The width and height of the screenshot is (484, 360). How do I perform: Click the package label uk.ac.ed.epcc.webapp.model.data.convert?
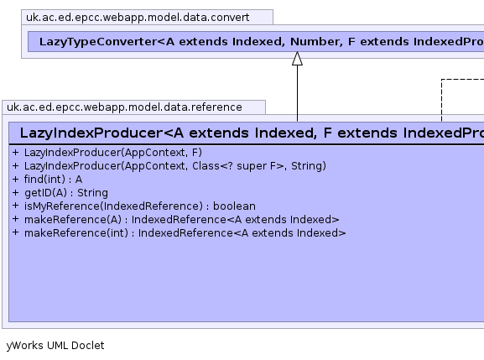point(138,18)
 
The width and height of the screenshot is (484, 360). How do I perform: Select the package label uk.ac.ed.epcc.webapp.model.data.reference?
point(124,107)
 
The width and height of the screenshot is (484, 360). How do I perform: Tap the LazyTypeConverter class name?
point(262,42)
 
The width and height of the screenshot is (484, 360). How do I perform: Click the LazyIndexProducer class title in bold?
point(252,133)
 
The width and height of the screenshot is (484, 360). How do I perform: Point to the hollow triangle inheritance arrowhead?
point(297,59)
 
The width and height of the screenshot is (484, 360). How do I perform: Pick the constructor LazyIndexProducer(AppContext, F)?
point(113,153)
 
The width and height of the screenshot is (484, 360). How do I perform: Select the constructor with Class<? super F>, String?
point(175,166)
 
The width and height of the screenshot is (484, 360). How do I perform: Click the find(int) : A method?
point(53,180)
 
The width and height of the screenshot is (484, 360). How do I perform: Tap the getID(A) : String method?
point(66,193)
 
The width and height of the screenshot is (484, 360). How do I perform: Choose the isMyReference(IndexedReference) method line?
point(140,206)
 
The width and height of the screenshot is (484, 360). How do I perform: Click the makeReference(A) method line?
point(181,220)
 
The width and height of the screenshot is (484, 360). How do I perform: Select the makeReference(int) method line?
point(185,233)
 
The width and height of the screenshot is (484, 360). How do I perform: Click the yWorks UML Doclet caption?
point(55,346)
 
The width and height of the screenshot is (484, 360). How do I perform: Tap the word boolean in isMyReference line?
point(234,206)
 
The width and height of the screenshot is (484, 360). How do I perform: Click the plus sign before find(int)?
point(16,179)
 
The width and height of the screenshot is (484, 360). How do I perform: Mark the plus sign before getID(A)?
point(16,192)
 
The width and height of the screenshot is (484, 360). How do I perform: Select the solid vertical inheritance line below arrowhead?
point(297,93)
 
